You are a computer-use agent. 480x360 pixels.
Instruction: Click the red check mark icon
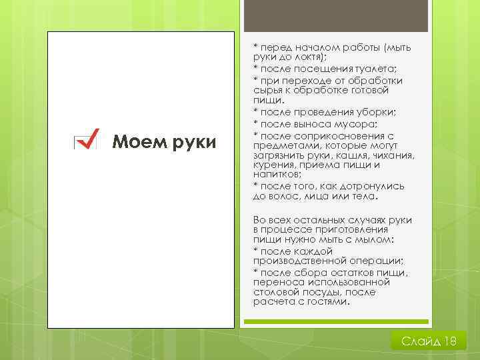coord(86,139)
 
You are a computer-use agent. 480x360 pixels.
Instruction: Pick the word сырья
coord(267,90)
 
